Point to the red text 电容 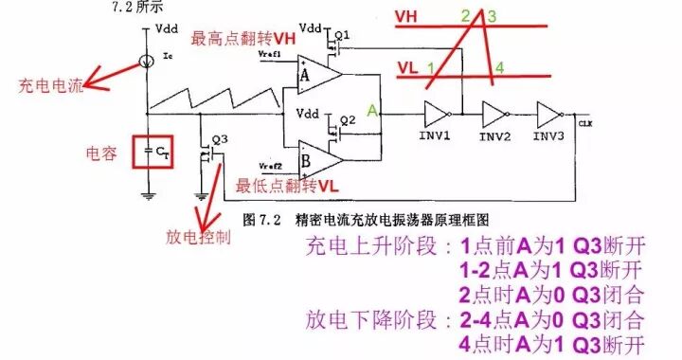pyautogui.click(x=101, y=153)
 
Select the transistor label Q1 pyautogui.click(x=343, y=35)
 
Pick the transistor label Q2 pyautogui.click(x=348, y=119)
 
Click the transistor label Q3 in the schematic pyautogui.click(x=220, y=138)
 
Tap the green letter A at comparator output pyautogui.click(x=373, y=111)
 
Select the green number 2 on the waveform pyautogui.click(x=465, y=16)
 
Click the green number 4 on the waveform pyautogui.click(x=499, y=68)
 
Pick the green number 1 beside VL pyautogui.click(x=430, y=68)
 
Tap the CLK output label pyautogui.click(x=584, y=122)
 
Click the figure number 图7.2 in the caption pyautogui.click(x=259, y=218)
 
